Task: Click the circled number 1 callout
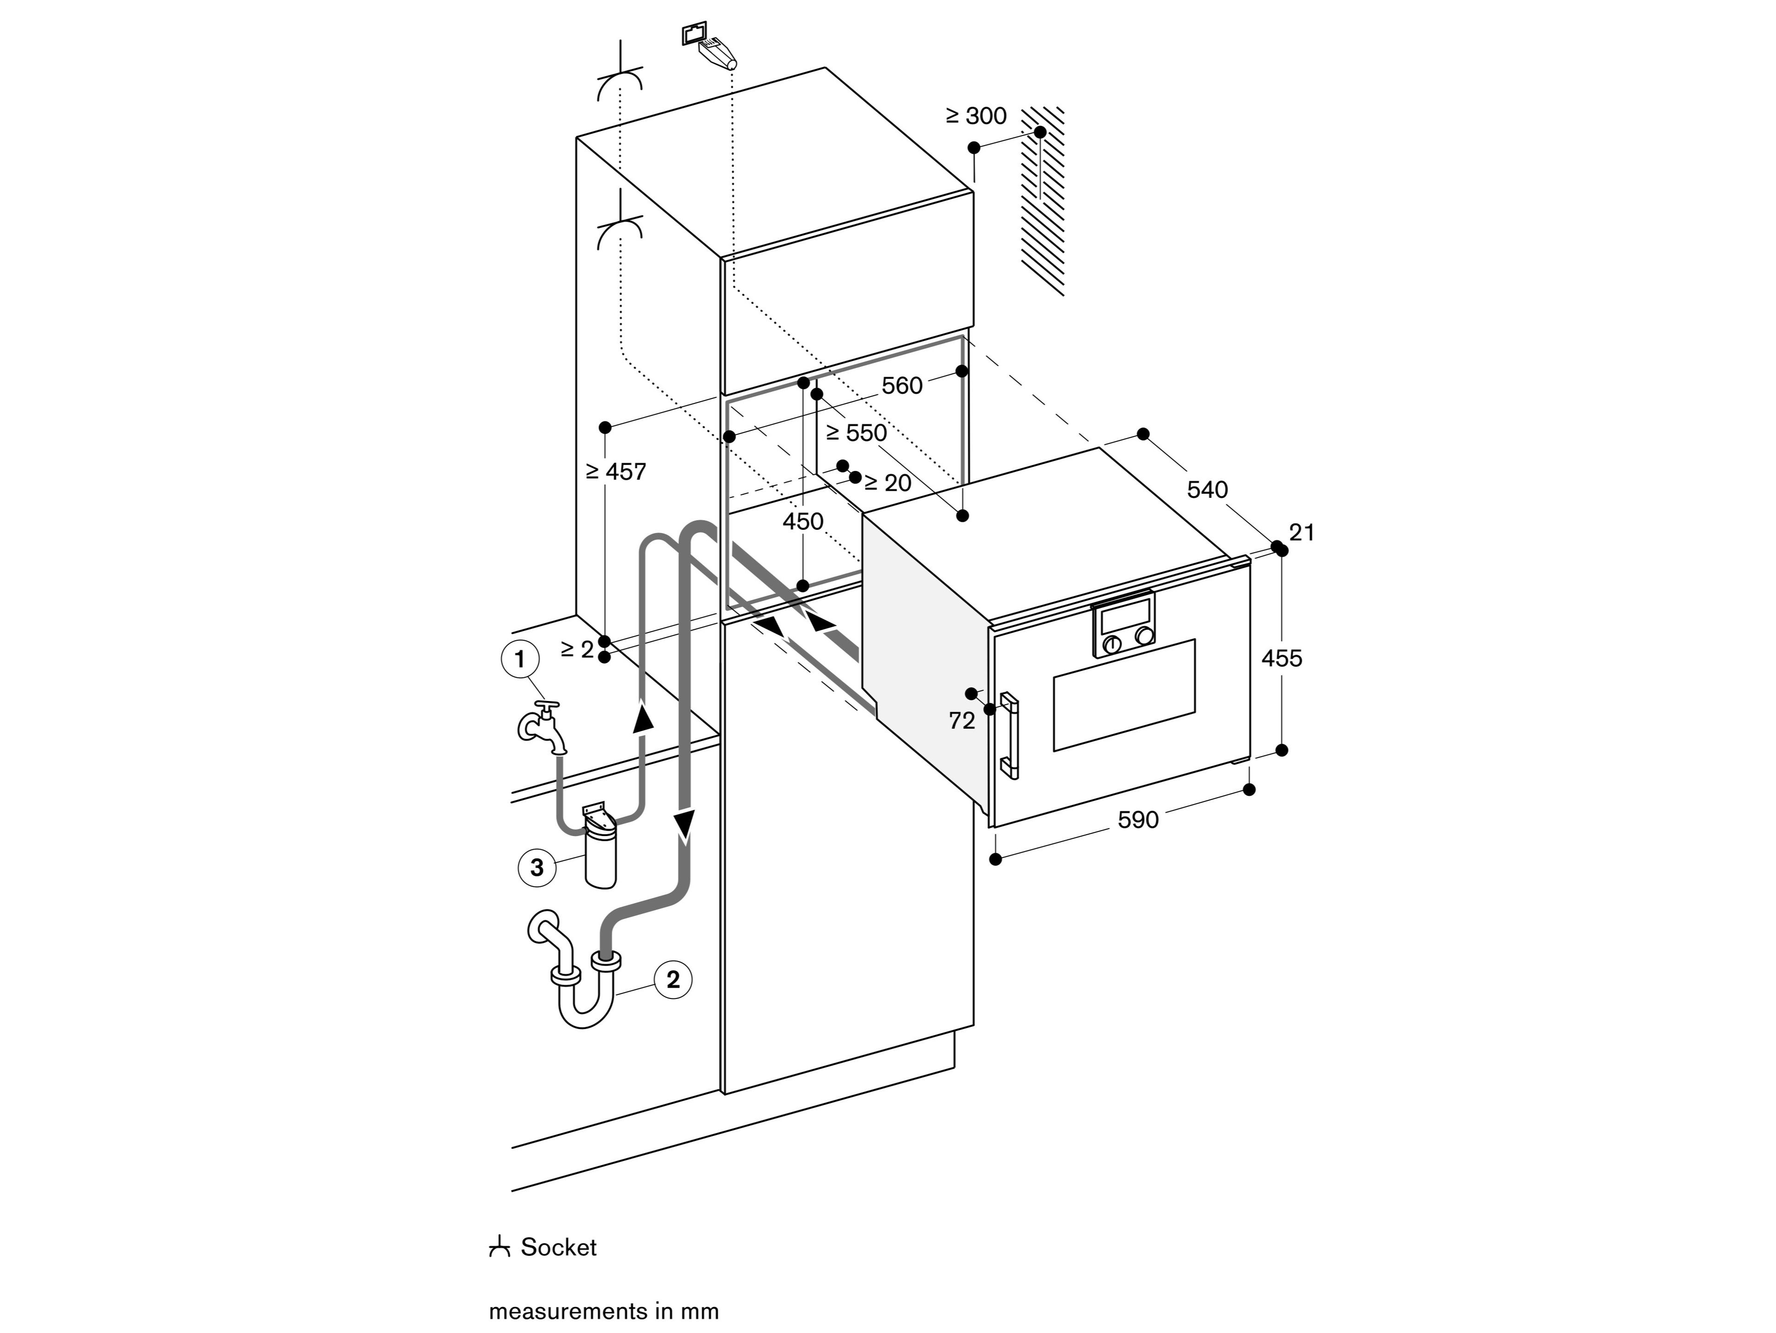pos(519,659)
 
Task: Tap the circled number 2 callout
pos(673,979)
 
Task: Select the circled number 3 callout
pos(537,867)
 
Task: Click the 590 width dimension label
pos(1138,820)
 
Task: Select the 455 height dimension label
pos(1282,658)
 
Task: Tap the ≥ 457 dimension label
pos(616,471)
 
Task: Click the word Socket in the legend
pos(558,1247)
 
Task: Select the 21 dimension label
pos(1301,533)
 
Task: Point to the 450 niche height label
pos(803,522)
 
